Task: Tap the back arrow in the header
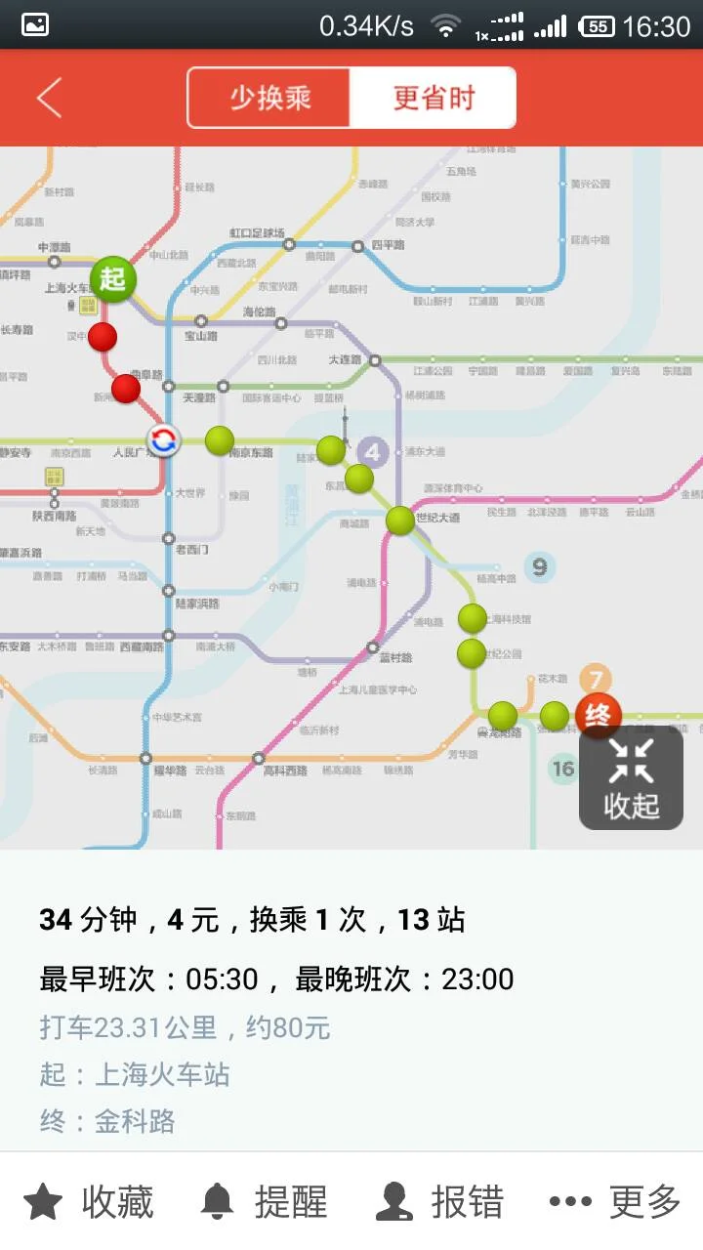49,98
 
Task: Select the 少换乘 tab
269,98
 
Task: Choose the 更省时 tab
434,98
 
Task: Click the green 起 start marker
113,278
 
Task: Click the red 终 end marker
599,716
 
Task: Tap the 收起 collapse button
631,778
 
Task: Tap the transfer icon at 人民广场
163,440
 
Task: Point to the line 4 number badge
372,452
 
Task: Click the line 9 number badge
539,566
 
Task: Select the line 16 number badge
563,769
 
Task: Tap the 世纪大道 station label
437,518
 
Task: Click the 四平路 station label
388,245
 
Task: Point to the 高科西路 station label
285,771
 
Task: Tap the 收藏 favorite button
89,1201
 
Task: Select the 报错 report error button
440,1201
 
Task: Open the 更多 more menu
615,1201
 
